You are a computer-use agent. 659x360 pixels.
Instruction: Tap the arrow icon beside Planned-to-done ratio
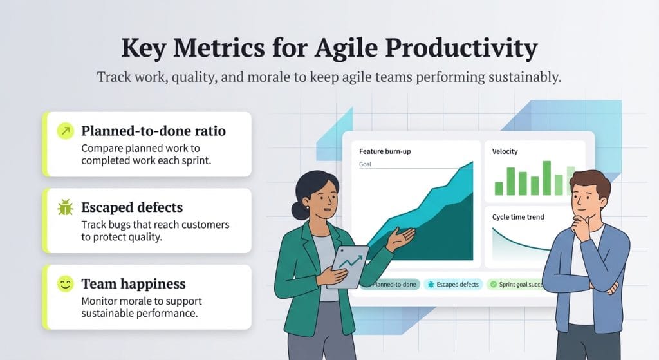tap(65, 132)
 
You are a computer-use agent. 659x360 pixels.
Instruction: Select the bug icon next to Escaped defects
tap(65, 207)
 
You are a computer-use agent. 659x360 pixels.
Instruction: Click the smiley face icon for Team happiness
tap(65, 284)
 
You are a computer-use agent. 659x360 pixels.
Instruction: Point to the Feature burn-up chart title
tap(384, 151)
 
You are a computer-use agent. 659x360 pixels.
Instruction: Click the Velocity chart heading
tap(505, 151)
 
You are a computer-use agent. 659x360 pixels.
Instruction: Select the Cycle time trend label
tap(517, 217)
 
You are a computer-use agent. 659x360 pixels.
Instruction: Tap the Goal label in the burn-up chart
tap(365, 164)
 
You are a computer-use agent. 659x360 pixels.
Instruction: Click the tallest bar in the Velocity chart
tap(546, 178)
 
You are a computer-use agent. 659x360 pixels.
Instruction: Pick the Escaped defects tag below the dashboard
tap(454, 284)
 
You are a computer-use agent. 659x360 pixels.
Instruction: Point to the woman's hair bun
tap(297, 210)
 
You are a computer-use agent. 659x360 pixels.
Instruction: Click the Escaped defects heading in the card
tap(132, 207)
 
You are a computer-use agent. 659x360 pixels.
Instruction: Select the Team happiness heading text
tap(133, 284)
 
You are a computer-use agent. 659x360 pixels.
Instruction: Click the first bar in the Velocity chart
tap(498, 188)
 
